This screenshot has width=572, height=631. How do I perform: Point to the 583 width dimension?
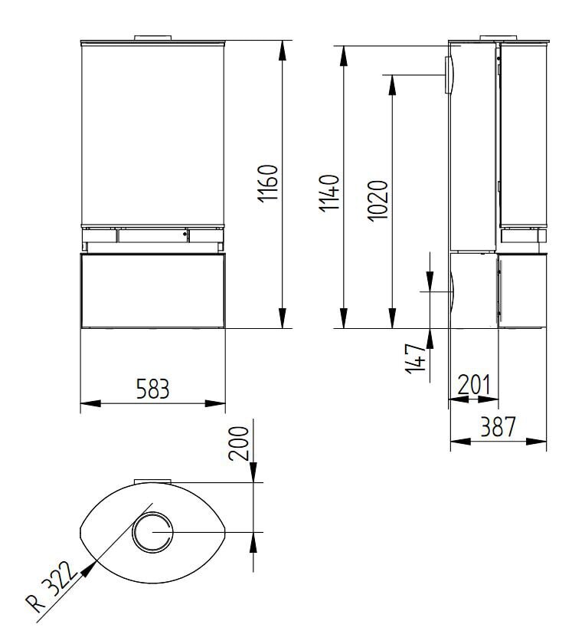(x=153, y=389)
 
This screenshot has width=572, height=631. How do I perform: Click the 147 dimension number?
(x=414, y=358)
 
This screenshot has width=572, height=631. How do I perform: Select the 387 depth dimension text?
(x=498, y=426)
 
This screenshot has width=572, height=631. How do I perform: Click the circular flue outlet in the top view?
(x=152, y=531)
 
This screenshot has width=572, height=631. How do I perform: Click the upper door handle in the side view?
(x=449, y=74)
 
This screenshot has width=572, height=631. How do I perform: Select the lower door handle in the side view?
(x=453, y=291)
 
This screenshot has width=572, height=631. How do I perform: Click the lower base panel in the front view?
(x=153, y=291)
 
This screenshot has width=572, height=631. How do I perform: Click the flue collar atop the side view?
(x=498, y=36)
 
